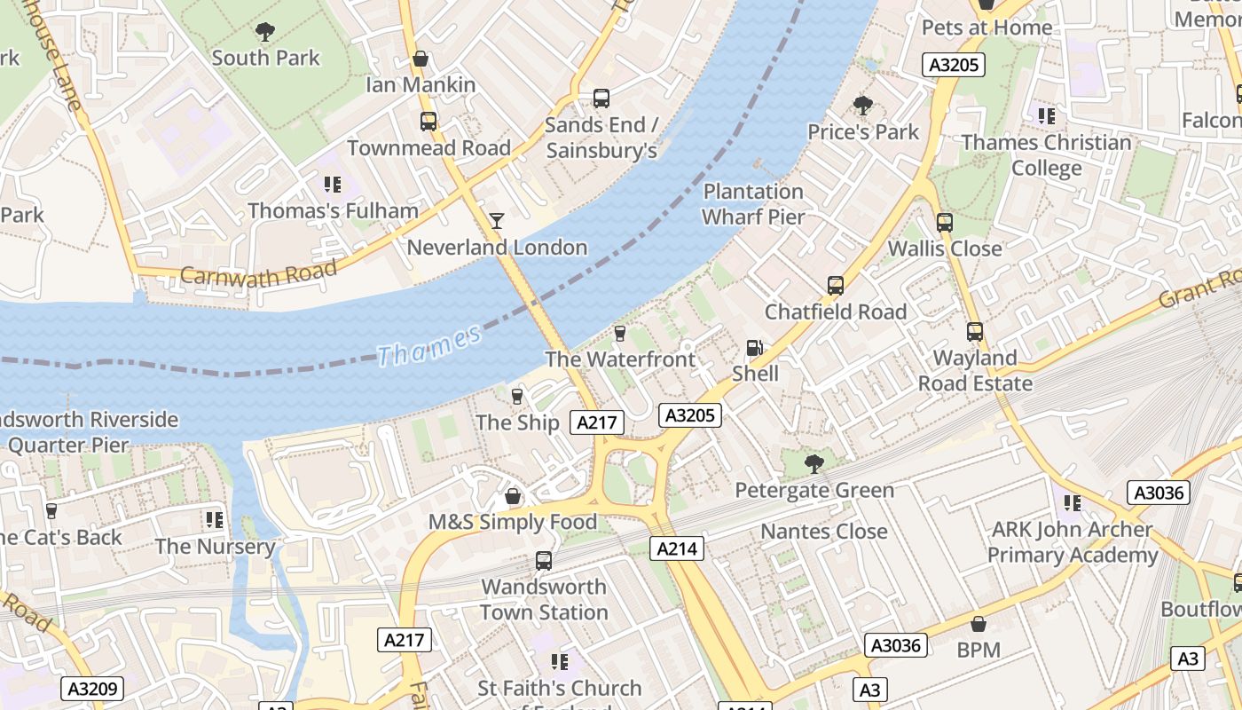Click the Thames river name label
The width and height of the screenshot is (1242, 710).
(x=429, y=345)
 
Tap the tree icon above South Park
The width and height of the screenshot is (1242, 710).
(x=264, y=33)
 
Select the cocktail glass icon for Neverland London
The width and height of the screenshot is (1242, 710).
(x=497, y=220)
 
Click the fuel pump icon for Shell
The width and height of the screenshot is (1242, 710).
(x=754, y=348)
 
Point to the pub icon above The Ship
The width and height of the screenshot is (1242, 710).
(x=517, y=396)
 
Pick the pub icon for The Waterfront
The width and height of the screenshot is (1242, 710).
(x=620, y=333)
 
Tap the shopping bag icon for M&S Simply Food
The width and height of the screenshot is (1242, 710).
(x=512, y=496)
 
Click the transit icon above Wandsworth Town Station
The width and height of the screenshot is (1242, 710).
(x=544, y=561)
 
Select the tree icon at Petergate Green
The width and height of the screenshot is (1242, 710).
(x=814, y=463)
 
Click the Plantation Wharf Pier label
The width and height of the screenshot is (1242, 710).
(x=753, y=204)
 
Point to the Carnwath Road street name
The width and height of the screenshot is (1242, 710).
(x=258, y=273)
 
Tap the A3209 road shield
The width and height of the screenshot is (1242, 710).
(x=92, y=689)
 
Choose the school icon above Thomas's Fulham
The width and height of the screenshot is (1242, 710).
(x=333, y=185)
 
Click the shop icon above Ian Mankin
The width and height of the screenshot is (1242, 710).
(x=421, y=59)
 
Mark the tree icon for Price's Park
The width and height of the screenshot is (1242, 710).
(x=862, y=106)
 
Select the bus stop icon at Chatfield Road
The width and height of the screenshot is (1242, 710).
(x=836, y=286)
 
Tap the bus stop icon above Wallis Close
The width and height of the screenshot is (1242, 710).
(x=945, y=223)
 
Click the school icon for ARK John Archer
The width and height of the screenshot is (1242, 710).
(x=1072, y=503)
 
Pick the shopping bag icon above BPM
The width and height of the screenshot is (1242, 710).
(x=979, y=625)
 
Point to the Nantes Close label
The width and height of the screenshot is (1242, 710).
(x=824, y=532)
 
